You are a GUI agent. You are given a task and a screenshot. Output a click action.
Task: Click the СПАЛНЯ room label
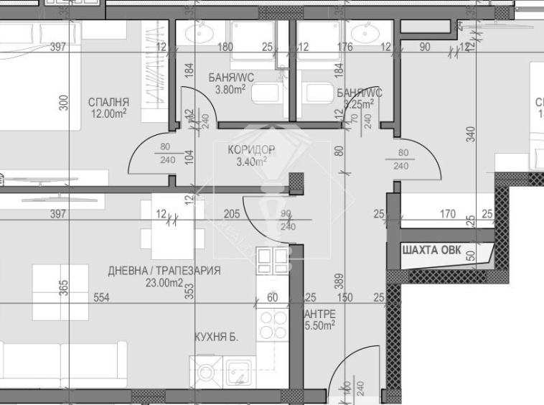(x=108, y=101)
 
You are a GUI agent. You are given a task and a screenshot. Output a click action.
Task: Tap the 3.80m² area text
(x=230, y=90)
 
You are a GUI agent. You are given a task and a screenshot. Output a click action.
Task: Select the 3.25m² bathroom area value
(x=358, y=104)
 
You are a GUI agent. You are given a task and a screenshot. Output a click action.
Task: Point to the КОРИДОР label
(x=251, y=149)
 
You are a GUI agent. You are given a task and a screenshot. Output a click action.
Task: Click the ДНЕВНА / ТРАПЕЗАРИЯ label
(x=164, y=271)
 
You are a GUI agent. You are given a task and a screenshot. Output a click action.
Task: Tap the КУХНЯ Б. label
(x=217, y=336)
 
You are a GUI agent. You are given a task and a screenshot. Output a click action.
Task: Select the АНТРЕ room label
(x=319, y=314)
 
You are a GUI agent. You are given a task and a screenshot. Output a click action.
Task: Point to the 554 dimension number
(x=101, y=297)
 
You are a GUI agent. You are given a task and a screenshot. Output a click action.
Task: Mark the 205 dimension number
(x=231, y=213)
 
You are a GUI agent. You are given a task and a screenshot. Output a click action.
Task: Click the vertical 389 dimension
(x=339, y=282)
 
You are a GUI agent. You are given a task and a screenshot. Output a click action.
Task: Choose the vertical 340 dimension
(x=470, y=134)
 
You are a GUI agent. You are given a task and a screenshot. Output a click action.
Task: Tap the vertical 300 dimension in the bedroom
(x=64, y=102)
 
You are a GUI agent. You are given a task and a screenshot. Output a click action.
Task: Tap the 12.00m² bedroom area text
(x=108, y=113)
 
